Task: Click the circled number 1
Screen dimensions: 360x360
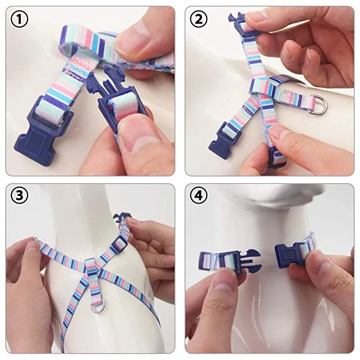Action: click(x=20, y=19)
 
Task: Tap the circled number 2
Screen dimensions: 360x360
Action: click(x=199, y=19)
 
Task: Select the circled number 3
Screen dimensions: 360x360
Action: click(x=20, y=196)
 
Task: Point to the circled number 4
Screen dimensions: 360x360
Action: click(x=199, y=196)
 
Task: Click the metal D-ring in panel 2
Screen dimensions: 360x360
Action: click(x=317, y=104)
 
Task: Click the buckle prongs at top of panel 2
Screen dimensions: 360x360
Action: click(x=243, y=25)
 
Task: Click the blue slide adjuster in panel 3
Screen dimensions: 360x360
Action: click(x=119, y=244)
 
